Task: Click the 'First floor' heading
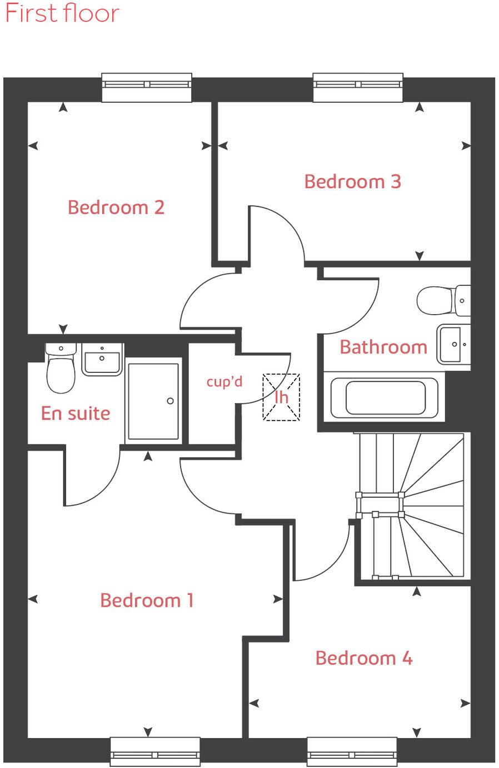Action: [x=62, y=13]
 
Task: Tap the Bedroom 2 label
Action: [x=116, y=208]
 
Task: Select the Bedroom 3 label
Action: [x=352, y=181]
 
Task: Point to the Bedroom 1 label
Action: [x=147, y=600]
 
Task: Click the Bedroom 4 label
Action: [x=363, y=658]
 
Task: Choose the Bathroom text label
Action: [x=383, y=347]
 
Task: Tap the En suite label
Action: [x=76, y=413]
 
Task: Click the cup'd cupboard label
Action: [x=224, y=382]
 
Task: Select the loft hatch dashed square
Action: [x=281, y=397]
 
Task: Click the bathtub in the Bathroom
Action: [x=385, y=397]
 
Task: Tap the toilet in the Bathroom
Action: [x=442, y=300]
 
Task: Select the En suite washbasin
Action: [x=102, y=359]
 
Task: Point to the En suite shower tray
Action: [x=153, y=401]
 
